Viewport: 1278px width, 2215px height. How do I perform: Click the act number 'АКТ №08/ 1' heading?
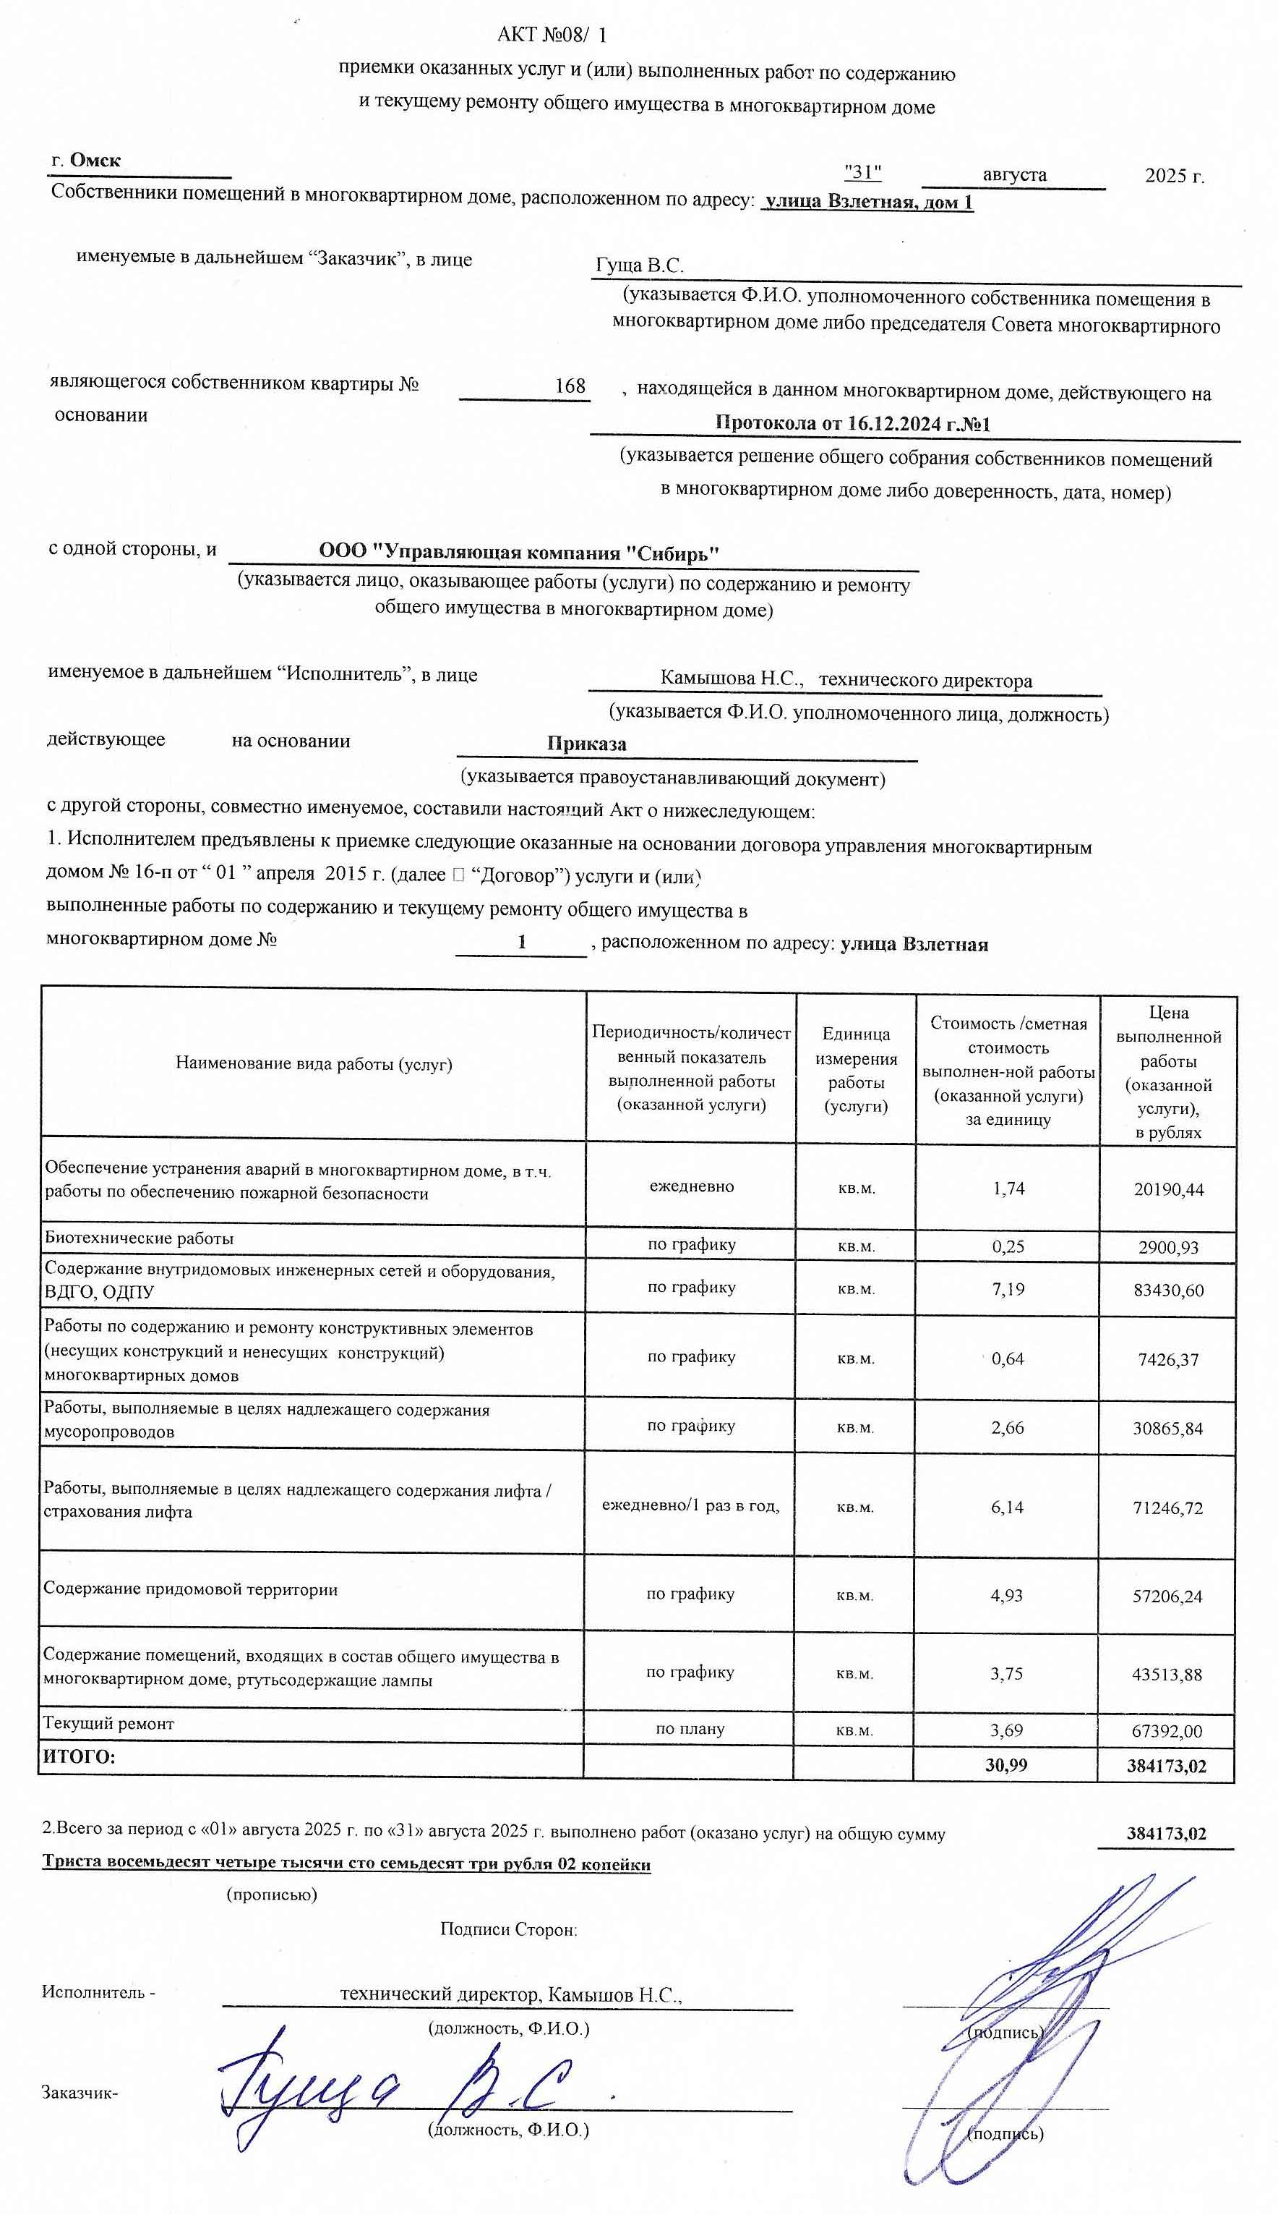pos(552,35)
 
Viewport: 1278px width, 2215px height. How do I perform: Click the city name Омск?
pos(95,161)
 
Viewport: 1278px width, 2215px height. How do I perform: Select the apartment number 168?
pos(570,386)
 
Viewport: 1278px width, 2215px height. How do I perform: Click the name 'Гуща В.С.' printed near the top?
pos(639,265)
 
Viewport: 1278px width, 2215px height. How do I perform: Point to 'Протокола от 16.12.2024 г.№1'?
pos(852,423)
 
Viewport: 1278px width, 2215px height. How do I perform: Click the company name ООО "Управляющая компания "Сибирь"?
pos(519,553)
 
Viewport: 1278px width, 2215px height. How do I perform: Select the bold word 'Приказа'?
pos(586,743)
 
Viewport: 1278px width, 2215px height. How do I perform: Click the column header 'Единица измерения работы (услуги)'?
pos(855,1070)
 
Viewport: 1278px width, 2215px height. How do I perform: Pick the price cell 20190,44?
pos(1168,1189)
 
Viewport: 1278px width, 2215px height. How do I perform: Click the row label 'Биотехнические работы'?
pos(139,1238)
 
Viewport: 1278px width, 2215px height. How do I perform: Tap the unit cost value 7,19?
pos(1008,1289)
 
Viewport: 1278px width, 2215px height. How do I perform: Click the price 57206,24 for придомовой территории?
pos(1167,1597)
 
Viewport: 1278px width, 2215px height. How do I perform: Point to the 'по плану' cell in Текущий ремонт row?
pos(690,1728)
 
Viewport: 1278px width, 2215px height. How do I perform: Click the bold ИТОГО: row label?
pos(79,1757)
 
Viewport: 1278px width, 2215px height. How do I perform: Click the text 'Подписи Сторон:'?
pos(508,1929)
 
